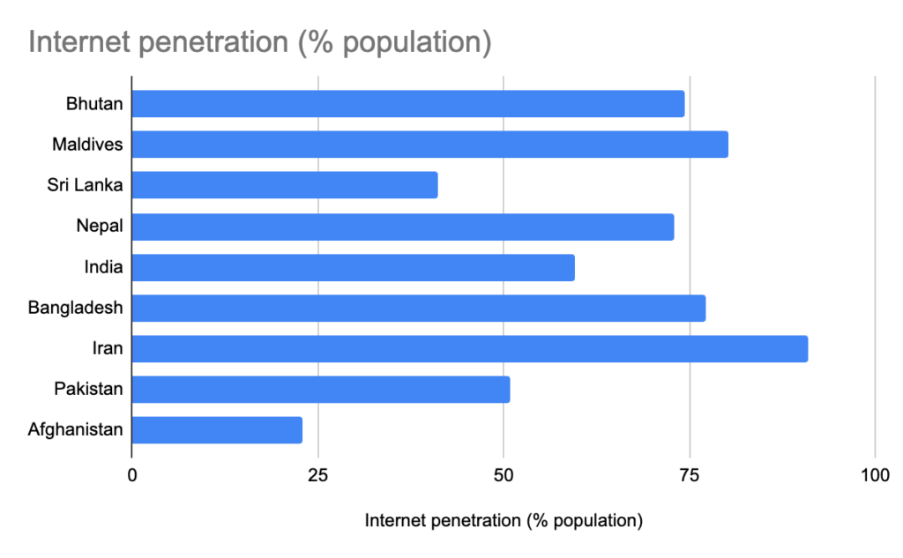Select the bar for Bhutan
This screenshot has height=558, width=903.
(407, 104)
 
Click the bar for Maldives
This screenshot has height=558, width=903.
(429, 145)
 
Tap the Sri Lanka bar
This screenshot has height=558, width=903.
(284, 185)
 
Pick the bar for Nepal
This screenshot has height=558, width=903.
(402, 227)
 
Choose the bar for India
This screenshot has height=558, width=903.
(353, 267)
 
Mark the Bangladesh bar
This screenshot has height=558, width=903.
(418, 308)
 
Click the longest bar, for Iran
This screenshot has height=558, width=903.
(469, 348)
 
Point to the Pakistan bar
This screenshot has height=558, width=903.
(320, 390)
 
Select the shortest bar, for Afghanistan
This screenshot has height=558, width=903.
(217, 430)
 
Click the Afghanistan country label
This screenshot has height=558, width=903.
(75, 430)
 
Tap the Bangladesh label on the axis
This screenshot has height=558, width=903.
(75, 308)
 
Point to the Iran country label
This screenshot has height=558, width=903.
(108, 348)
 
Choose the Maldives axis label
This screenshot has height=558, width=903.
(87, 145)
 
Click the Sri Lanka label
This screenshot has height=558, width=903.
(85, 185)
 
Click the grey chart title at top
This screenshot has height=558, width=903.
(259, 42)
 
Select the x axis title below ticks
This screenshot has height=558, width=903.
(504, 521)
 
